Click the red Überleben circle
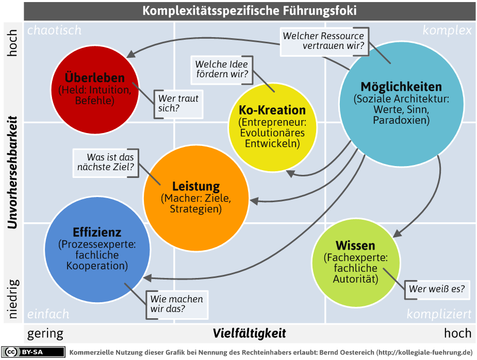[94, 89]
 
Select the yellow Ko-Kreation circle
[272, 127]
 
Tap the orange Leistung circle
[196, 198]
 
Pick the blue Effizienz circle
[97, 250]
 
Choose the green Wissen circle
[356, 263]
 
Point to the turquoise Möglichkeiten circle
[402, 104]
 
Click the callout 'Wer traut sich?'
[178, 104]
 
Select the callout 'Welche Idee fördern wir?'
[222, 70]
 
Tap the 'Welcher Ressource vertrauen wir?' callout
[324, 42]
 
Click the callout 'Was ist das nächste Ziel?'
[106, 163]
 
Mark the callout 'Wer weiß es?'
[437, 289]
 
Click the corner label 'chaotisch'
[55, 30]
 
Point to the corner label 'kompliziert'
[439, 314]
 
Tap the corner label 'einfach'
[48, 314]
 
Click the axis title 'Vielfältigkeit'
[249, 333]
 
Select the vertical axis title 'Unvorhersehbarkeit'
[12, 172]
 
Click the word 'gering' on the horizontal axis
[45, 334]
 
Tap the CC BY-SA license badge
[33, 352]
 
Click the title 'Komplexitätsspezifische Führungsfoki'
[250, 11]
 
